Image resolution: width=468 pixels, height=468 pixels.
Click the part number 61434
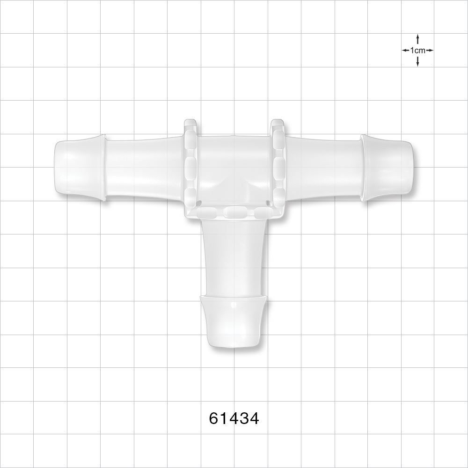point(234,418)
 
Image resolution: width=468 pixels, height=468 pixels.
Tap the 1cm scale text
point(417,50)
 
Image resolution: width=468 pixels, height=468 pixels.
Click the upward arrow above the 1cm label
point(417,39)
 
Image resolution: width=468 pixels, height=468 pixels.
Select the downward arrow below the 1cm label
point(417,61)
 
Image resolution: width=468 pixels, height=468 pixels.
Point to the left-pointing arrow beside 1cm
point(405,50)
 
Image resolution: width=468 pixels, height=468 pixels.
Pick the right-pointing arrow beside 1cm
point(430,50)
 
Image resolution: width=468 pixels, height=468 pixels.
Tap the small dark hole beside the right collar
point(268,203)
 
